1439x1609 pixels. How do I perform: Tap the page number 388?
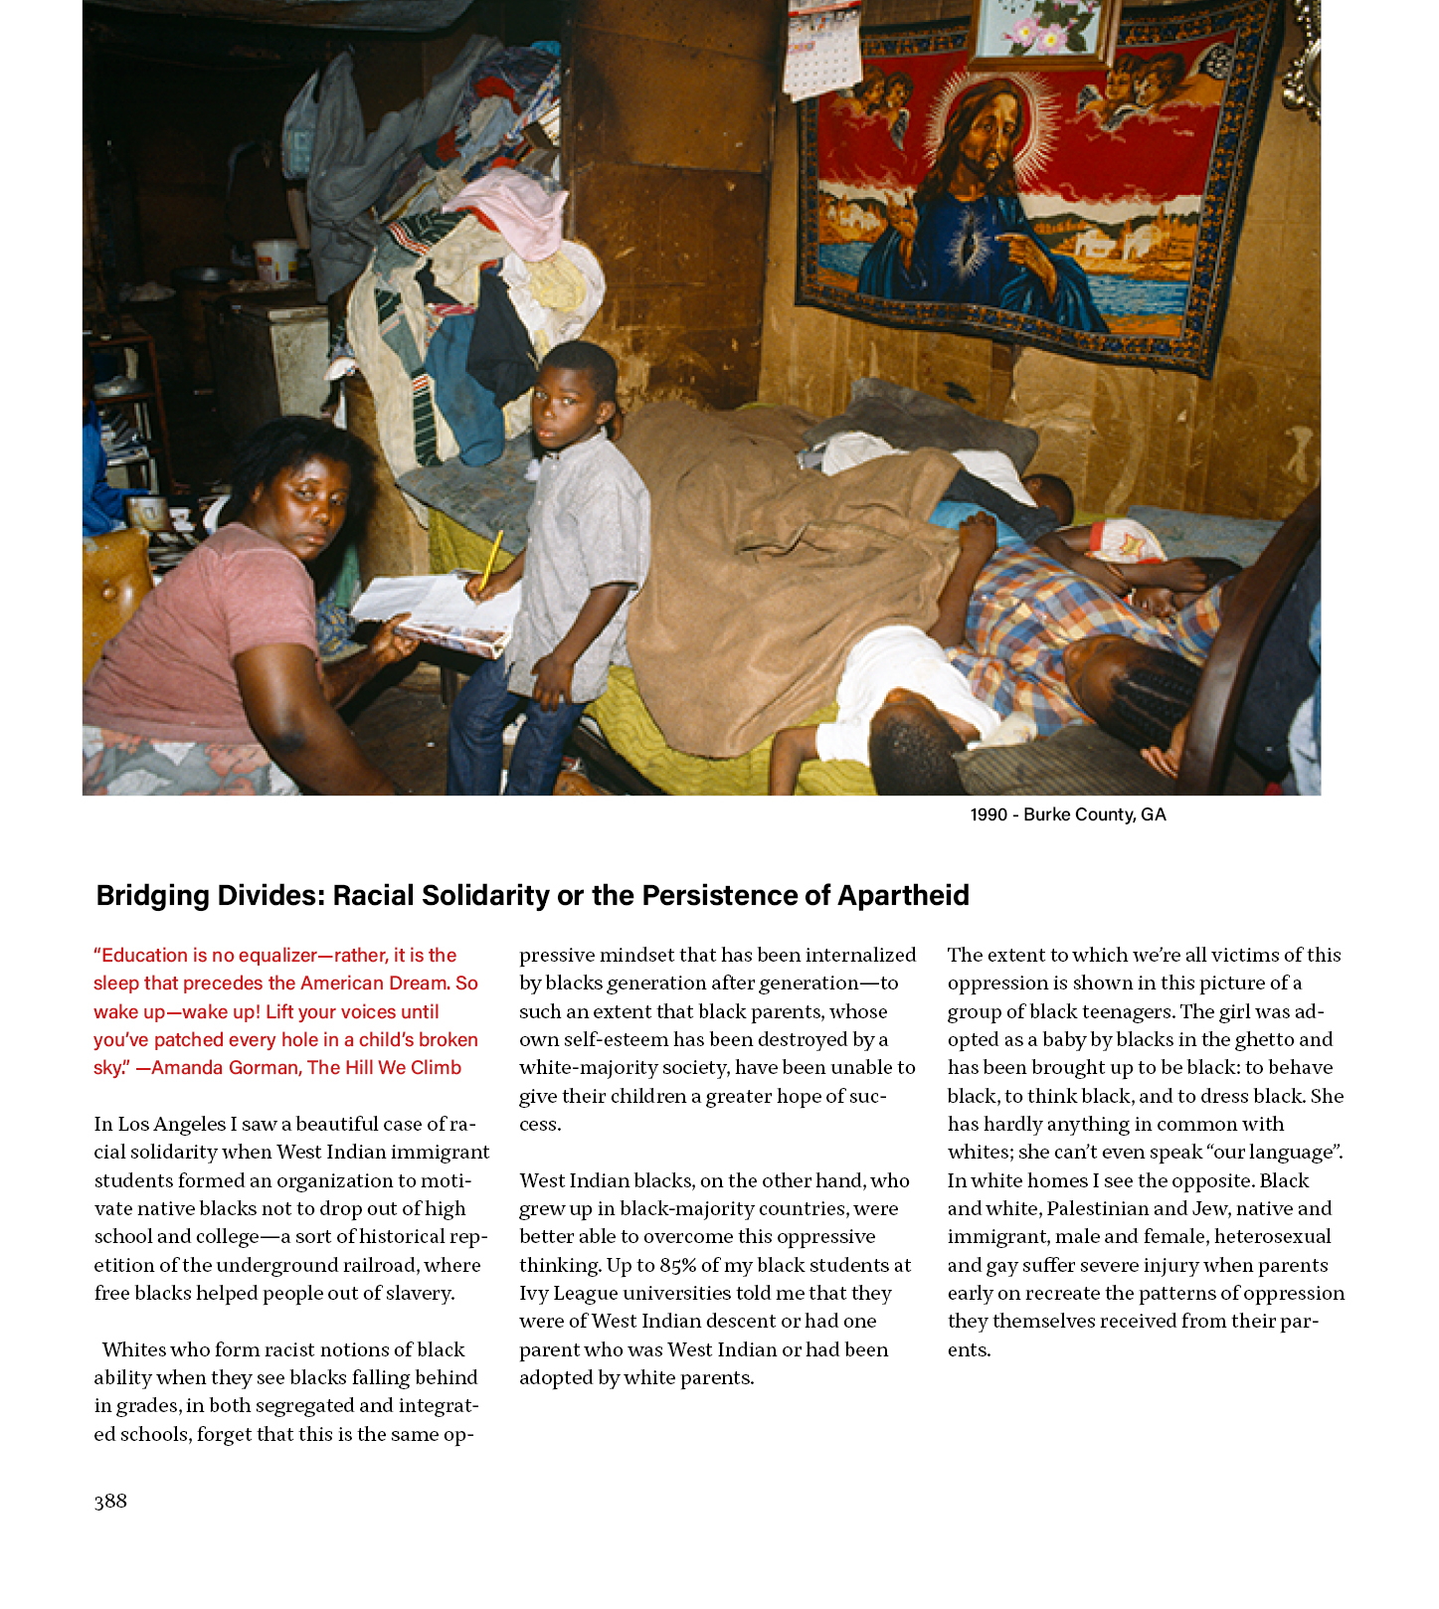pos(110,1501)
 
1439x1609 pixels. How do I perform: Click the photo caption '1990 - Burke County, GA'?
pos(1067,814)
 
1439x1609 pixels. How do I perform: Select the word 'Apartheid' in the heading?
pos(902,895)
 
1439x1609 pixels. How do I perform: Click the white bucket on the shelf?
pos(275,262)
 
